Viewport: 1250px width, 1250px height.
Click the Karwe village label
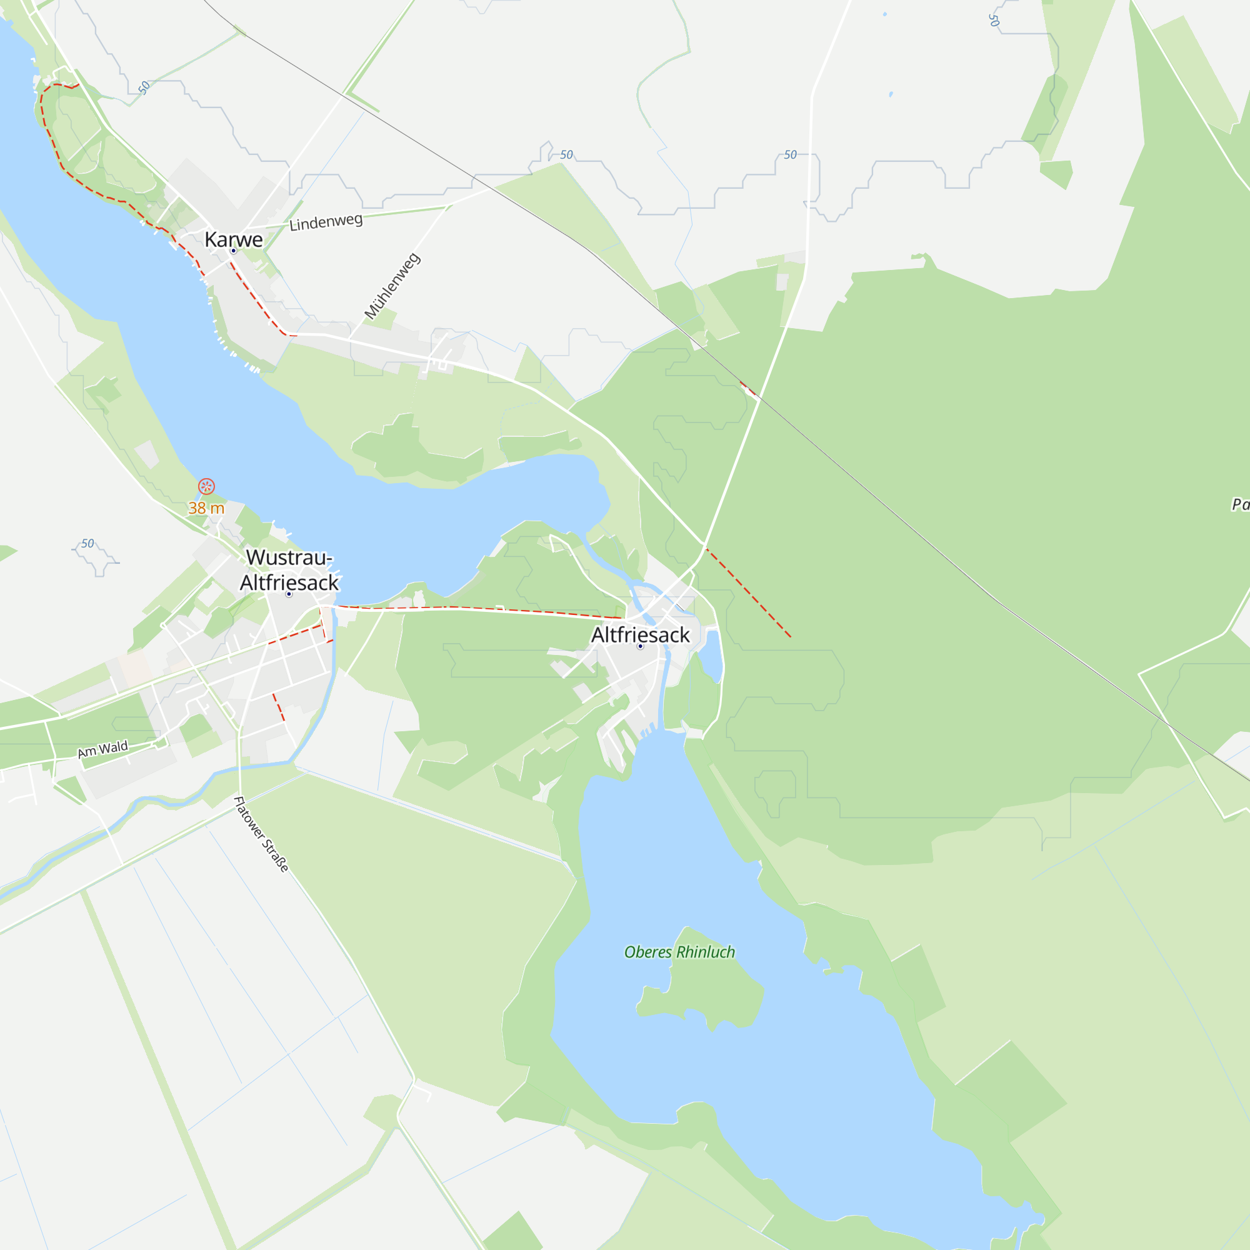click(x=234, y=239)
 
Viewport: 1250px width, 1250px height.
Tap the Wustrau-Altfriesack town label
click(x=289, y=570)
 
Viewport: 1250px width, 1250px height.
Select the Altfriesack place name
click(x=640, y=635)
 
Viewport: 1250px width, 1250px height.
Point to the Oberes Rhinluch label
click(x=679, y=952)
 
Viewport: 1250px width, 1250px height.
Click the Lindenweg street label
click(x=326, y=222)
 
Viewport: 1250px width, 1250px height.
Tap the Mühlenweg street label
click(x=392, y=287)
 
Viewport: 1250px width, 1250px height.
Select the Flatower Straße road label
click(x=261, y=834)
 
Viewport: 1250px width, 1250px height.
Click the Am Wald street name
click(x=103, y=749)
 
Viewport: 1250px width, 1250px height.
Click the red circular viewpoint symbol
click(x=206, y=486)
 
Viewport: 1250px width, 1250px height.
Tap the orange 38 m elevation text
click(x=206, y=508)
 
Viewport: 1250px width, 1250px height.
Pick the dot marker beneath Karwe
click(x=234, y=251)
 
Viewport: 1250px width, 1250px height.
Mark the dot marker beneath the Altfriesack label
click(x=640, y=646)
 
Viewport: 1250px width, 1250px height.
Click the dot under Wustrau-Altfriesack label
click(x=289, y=594)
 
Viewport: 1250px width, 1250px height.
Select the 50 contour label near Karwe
click(x=144, y=87)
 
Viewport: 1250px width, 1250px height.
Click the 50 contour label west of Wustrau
click(x=87, y=544)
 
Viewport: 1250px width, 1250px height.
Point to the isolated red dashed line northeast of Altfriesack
click(x=748, y=592)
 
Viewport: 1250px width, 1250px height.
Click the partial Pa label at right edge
click(x=1239, y=504)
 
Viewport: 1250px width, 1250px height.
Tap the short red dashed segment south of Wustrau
click(x=278, y=707)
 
